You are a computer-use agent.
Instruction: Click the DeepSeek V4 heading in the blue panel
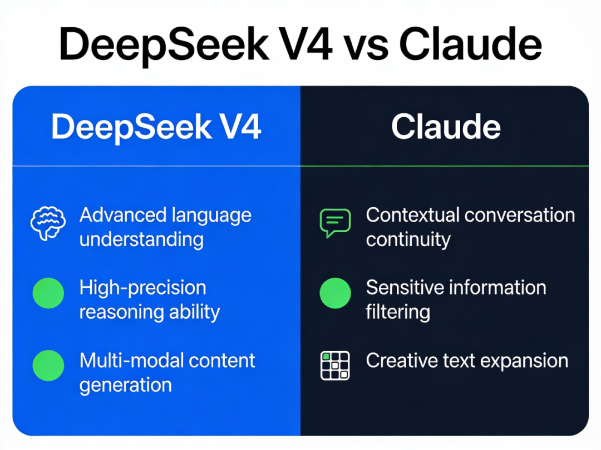[x=156, y=127]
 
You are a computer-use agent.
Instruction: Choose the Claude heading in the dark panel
[x=446, y=127]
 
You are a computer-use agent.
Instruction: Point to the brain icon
[x=48, y=223]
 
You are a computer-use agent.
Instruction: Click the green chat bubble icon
[x=335, y=223]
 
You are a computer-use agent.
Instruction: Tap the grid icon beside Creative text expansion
[x=335, y=366]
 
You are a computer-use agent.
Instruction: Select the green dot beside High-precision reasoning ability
[x=48, y=293]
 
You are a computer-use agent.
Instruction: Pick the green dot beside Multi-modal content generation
[x=48, y=366]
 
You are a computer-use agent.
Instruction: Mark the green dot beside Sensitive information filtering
[x=335, y=293]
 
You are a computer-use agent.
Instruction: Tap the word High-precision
[x=142, y=288]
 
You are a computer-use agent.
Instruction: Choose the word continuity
[x=408, y=240]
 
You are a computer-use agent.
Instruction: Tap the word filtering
[x=397, y=312]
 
